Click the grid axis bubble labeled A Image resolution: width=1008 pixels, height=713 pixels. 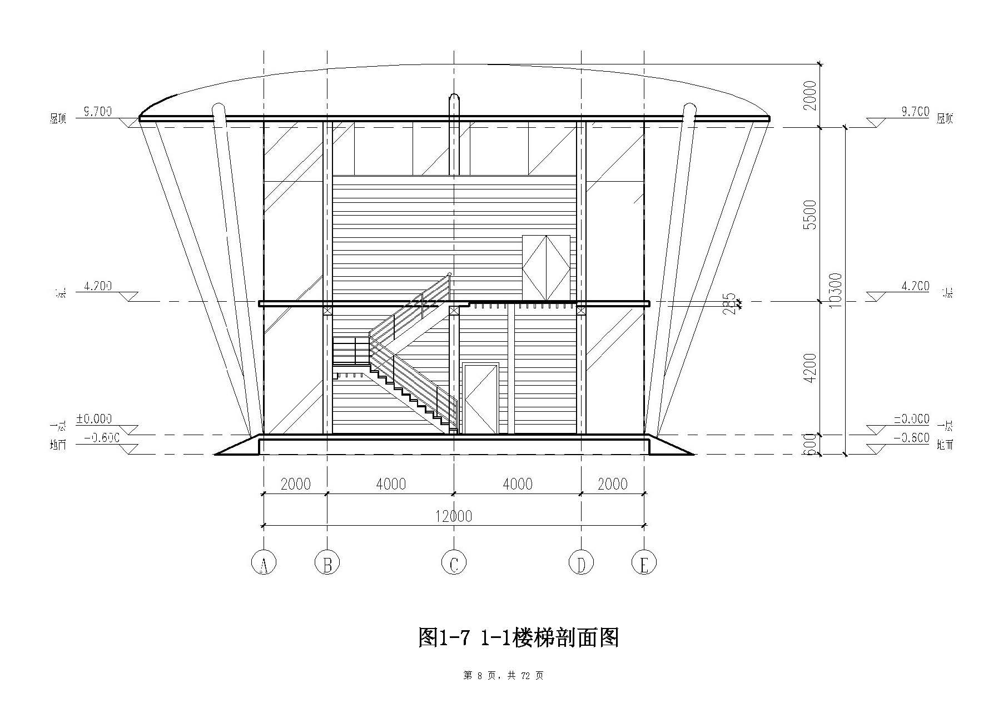[x=264, y=563]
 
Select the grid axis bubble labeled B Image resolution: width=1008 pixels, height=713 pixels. [x=327, y=563]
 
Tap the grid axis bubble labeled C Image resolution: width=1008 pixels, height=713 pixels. [x=454, y=563]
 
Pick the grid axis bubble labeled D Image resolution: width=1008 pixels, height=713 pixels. [x=582, y=563]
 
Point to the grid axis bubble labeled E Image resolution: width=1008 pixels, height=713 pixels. [x=644, y=563]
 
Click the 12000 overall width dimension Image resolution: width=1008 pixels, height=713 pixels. [x=454, y=516]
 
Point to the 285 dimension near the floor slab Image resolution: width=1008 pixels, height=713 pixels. [x=731, y=303]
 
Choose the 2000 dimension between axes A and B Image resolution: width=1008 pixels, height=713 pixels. [x=295, y=484]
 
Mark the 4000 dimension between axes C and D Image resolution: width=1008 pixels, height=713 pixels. [x=518, y=484]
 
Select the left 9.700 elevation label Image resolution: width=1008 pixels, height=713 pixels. [x=97, y=112]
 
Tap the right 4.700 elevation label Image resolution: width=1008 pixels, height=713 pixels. [x=915, y=286]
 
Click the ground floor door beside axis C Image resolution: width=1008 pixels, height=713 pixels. [x=481, y=398]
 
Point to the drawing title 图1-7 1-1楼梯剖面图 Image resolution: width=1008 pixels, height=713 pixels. [x=518, y=637]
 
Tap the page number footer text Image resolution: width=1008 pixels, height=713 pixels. [x=503, y=676]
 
